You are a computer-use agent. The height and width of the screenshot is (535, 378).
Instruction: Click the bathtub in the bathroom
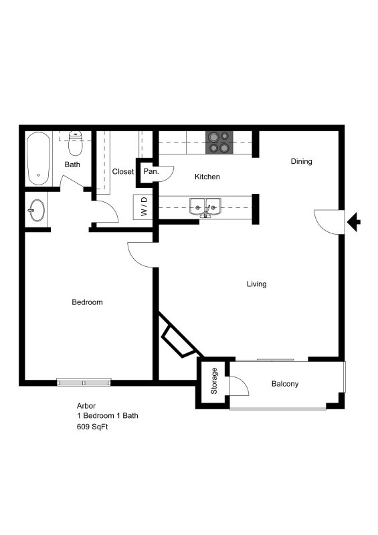point(38,158)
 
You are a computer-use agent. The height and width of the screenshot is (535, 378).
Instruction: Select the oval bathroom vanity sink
point(37,211)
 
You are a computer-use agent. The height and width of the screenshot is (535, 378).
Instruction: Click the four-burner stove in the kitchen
point(218,141)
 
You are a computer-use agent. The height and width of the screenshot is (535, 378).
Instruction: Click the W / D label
point(143,207)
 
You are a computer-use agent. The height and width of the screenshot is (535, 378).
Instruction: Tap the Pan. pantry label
point(151,172)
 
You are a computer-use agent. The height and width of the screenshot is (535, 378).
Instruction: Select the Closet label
point(123,172)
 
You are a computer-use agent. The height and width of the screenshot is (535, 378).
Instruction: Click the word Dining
point(301,161)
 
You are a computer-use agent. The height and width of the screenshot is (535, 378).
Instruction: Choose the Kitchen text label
point(207,177)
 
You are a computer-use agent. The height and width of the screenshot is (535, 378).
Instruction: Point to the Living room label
point(256,284)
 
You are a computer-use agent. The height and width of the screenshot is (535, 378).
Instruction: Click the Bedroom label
point(87,302)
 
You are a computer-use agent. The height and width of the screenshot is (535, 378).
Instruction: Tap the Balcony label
point(284,384)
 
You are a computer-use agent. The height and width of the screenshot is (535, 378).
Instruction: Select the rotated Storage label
point(215,381)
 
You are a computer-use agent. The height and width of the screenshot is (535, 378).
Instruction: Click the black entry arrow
point(355,221)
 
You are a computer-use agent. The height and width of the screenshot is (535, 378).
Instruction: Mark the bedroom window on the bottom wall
point(84,383)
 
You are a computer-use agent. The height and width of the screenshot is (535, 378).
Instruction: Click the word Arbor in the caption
point(86,405)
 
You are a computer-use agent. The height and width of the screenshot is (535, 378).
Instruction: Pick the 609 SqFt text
point(92,426)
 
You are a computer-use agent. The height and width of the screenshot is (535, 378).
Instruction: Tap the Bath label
point(72,165)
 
